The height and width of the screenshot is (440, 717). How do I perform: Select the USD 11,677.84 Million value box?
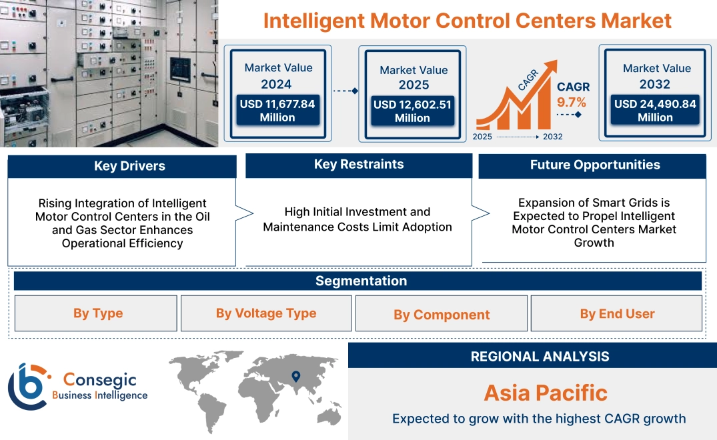[x=277, y=111]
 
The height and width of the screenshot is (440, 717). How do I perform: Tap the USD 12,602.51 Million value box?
[x=412, y=111]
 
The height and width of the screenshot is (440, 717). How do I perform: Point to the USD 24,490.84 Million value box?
[x=655, y=111]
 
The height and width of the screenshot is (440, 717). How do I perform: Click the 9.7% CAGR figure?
[x=572, y=102]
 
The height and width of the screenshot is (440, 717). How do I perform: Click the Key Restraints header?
[x=359, y=165]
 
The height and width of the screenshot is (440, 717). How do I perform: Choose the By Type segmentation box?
[x=97, y=313]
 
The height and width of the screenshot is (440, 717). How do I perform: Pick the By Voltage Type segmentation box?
[x=266, y=313]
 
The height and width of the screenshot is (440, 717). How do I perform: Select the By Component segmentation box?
[x=442, y=315]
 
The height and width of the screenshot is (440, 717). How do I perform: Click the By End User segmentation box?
[x=617, y=313]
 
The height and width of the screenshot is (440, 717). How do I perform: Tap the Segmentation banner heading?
[x=361, y=281]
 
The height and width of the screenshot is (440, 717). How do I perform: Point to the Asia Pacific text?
[x=546, y=393]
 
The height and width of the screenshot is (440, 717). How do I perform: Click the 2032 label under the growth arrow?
[x=552, y=137]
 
